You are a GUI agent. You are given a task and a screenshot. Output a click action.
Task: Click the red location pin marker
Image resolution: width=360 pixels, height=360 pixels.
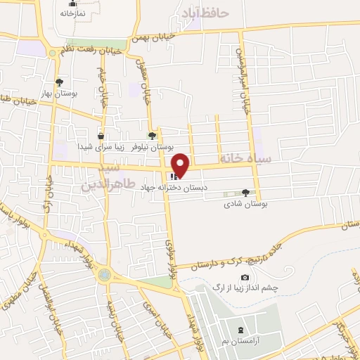(181, 164)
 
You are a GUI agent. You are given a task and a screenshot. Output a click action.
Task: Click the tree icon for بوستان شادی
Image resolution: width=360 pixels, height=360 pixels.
(245, 193)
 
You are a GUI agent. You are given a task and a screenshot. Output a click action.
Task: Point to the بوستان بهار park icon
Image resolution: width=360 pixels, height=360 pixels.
(59, 82)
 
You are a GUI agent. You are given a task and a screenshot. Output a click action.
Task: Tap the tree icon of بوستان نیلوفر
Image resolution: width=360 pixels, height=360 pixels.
(153, 136)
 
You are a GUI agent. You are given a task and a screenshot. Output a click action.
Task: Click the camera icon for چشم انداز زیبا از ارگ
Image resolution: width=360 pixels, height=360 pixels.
(245, 278)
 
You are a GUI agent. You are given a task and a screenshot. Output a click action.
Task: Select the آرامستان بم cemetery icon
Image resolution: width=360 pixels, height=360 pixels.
(241, 330)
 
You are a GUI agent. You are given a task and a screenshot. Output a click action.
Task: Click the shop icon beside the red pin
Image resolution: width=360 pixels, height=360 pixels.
(172, 176)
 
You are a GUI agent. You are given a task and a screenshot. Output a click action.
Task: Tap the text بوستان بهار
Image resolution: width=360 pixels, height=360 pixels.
(60, 93)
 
